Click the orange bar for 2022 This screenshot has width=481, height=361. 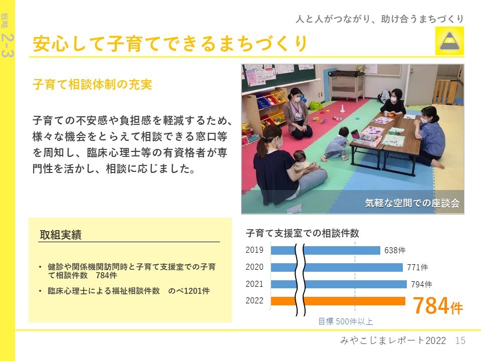tap(338, 301)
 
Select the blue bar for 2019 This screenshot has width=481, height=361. tap(326, 251)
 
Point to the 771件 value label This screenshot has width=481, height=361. tap(417, 267)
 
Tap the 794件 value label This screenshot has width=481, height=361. tap(421, 284)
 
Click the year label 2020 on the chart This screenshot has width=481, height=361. tap(255, 267)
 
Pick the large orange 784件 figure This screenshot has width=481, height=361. tap(438, 306)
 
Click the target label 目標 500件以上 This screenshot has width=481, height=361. tap(345, 321)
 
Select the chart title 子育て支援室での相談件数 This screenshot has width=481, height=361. tap(302, 233)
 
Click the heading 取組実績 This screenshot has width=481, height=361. tap(61, 235)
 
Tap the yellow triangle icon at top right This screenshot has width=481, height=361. tap(449, 41)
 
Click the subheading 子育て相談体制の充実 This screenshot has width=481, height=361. tap(92, 84)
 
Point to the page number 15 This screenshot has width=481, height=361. tap(460, 340)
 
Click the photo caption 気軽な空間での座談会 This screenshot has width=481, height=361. tap(412, 203)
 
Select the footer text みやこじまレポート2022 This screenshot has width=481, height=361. tap(393, 340)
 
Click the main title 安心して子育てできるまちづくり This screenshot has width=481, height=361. tap(170, 43)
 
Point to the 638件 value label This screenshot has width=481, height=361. tap(395, 251)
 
